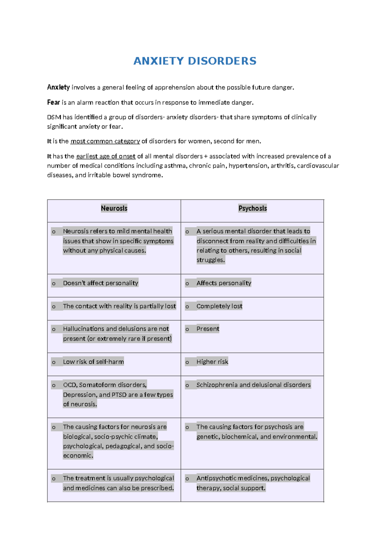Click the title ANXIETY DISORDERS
coord(195,61)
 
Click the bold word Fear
coord(53,103)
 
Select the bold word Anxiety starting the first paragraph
coord(58,87)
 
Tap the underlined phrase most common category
coord(105,141)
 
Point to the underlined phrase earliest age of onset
coord(106,156)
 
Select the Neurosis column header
coord(114,209)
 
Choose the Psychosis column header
coord(253,209)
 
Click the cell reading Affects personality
coord(224,283)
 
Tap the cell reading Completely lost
coord(219,306)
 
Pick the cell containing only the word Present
coord(208,329)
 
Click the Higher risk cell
coord(212,362)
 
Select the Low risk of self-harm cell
coord(93,362)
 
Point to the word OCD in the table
coord(70,385)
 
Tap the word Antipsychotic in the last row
coord(216,478)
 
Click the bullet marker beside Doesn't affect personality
coord(54,284)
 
